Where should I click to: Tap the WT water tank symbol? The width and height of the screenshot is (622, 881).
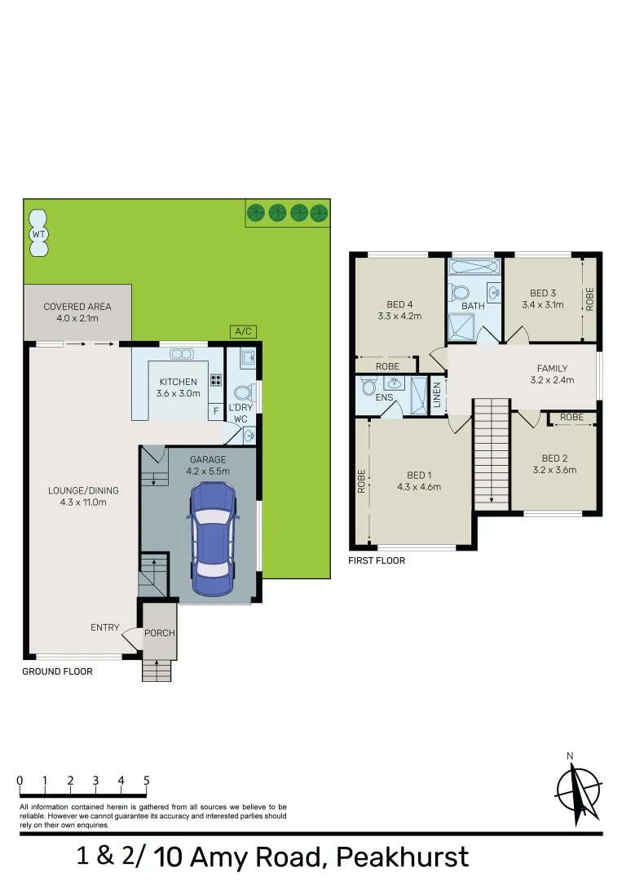point(37,226)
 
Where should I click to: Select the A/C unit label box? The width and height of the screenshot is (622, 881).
point(243,331)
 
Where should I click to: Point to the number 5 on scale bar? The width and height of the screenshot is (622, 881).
point(147,781)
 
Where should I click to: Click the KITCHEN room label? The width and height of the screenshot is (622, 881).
point(179,382)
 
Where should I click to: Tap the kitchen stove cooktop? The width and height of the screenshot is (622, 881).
point(216,379)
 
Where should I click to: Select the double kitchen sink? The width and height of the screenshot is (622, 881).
point(180,353)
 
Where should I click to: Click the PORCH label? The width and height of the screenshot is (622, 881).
point(160,632)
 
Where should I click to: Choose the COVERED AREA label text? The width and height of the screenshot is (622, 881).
point(77,307)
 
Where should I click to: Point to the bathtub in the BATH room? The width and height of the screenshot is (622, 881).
point(473,267)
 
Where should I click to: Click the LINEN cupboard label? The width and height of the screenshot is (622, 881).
point(437,396)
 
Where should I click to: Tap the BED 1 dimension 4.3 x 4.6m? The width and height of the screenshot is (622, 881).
point(419,487)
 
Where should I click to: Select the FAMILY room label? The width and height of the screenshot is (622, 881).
point(552,369)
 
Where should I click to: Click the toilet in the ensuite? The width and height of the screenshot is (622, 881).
point(368,386)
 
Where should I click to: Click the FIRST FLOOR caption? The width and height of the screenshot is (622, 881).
point(376,560)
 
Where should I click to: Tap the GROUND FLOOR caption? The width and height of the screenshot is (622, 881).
point(57,671)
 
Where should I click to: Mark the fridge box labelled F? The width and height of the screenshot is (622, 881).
point(216,411)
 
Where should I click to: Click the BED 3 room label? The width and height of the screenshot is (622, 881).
point(542,294)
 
